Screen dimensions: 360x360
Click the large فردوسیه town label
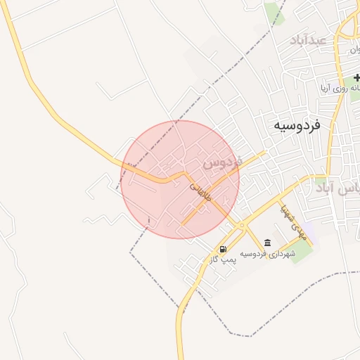tap(297, 125)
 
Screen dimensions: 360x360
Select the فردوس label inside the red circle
tap(222, 162)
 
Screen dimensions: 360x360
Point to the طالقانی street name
tap(200, 192)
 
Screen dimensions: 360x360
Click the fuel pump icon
tap(223, 248)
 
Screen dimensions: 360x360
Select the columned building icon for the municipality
tap(267, 243)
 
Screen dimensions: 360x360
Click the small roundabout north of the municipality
tap(241, 225)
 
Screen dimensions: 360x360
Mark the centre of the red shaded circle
tap(180, 179)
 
